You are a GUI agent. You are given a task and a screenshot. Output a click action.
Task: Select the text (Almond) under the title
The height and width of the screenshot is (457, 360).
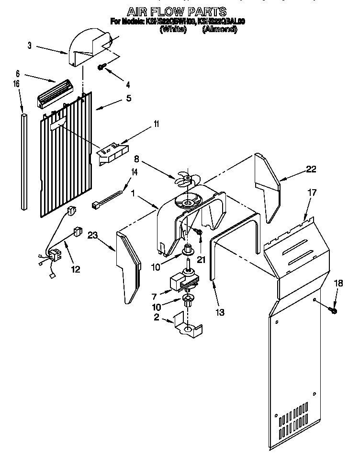[219, 29]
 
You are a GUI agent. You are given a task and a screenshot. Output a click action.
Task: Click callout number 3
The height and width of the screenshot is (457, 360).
[30, 46]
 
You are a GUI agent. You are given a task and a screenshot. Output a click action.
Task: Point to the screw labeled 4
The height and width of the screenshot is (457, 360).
[102, 67]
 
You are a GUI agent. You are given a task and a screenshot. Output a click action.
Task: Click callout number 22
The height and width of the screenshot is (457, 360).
[311, 169]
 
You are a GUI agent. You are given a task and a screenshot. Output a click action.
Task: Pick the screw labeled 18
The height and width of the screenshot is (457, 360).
[334, 310]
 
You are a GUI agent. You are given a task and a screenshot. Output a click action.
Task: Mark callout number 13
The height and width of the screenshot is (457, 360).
[220, 312]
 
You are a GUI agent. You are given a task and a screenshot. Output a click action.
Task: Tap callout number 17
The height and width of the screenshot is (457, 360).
[312, 194]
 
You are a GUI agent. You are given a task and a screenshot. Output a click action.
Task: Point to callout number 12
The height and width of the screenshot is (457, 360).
[76, 269]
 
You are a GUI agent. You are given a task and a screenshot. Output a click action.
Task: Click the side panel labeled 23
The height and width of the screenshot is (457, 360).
[129, 268]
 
